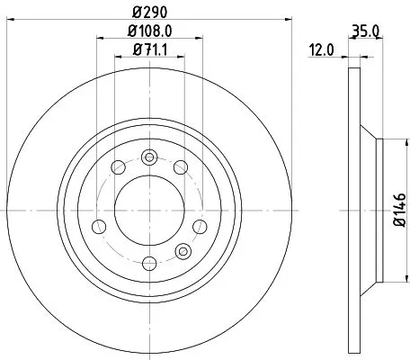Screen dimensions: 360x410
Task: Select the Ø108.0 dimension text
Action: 150,32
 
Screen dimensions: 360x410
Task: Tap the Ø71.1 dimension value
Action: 149,49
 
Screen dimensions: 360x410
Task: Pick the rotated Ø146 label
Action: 397,215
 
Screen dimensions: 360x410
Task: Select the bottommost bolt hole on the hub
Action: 149,262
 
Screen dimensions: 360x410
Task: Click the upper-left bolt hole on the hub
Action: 117,166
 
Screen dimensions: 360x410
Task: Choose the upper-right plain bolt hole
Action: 182,166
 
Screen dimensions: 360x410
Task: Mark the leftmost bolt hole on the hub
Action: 99,224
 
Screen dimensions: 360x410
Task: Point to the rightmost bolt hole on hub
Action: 200,224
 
